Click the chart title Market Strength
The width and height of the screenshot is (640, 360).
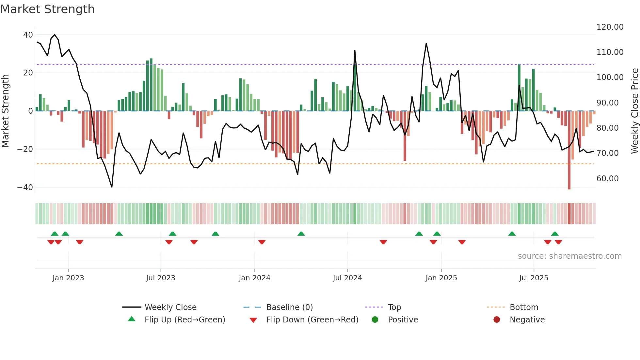pyautogui.click(x=47, y=9)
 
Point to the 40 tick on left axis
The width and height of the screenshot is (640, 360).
pyautogui.click(x=28, y=35)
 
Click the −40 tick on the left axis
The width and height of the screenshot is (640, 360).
pyautogui.click(x=25, y=188)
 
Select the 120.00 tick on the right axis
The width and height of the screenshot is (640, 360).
pyautogui.click(x=610, y=27)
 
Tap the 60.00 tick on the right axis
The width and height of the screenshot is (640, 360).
pyautogui.click(x=607, y=179)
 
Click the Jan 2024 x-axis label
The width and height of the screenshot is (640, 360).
pyautogui.click(x=254, y=278)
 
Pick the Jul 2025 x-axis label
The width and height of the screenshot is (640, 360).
pyautogui.click(x=534, y=278)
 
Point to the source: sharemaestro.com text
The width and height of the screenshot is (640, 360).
pyautogui.click(x=569, y=256)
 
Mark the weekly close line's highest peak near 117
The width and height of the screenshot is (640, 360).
pyautogui.click(x=55, y=35)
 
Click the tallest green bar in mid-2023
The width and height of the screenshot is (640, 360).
pyautogui.click(x=151, y=85)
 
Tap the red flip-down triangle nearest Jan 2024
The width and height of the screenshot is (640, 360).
pyautogui.click(x=262, y=242)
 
